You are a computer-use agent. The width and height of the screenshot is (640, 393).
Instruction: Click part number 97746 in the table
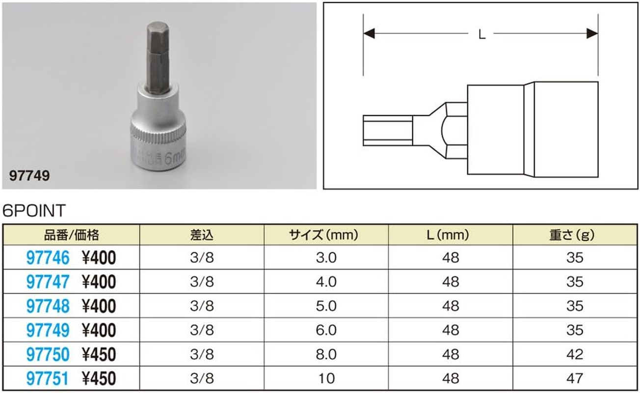(47, 258)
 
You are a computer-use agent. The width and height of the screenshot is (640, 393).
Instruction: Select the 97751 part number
(47, 379)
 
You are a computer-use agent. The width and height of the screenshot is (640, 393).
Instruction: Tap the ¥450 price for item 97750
(99, 355)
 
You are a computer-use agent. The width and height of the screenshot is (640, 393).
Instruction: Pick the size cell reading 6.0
(326, 330)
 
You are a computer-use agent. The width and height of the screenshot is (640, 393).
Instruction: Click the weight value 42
(574, 355)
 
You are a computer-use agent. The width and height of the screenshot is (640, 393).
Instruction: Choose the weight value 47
(574, 379)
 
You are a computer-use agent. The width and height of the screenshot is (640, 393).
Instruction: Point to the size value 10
(326, 379)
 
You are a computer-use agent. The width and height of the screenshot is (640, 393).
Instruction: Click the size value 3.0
(326, 258)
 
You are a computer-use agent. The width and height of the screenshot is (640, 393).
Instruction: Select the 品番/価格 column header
(71, 235)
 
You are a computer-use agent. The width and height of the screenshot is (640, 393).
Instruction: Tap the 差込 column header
(202, 235)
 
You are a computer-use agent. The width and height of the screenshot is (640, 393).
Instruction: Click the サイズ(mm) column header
(326, 235)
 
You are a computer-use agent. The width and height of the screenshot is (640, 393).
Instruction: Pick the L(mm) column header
(450, 235)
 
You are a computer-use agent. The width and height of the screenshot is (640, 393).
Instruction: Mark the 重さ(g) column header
(574, 235)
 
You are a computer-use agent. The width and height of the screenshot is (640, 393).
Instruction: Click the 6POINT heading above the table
(34, 211)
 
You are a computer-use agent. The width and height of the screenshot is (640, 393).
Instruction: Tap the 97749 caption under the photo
(29, 176)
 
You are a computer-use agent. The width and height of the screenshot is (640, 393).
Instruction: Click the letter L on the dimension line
(481, 34)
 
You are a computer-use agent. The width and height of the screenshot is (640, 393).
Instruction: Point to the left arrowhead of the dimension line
(369, 33)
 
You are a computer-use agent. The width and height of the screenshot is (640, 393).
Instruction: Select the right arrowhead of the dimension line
(592, 33)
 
